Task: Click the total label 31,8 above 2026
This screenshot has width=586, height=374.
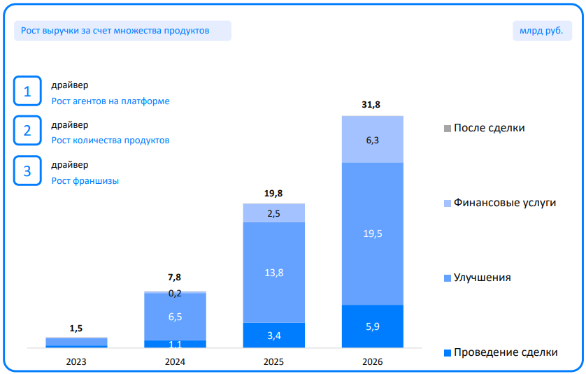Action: (372, 105)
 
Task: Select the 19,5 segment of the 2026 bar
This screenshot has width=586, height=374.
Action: (372, 233)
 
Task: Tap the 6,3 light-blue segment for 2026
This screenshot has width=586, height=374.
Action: (372, 140)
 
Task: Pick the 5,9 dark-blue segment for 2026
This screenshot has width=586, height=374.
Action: (372, 326)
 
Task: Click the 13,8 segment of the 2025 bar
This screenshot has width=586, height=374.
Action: (274, 273)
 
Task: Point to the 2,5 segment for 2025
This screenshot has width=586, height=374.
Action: (274, 213)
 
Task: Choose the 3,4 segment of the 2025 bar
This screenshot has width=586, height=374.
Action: (274, 336)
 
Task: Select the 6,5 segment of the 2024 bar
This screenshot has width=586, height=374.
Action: (175, 317)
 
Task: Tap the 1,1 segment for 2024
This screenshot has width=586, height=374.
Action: (175, 344)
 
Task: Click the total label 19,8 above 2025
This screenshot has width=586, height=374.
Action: (274, 193)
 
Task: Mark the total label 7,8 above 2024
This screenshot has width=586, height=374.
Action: (175, 277)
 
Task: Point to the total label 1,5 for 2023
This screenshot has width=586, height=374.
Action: (76, 328)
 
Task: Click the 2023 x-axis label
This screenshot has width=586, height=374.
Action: (76, 362)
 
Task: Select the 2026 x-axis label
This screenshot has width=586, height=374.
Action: (372, 362)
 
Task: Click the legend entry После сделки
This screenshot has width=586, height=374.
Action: (489, 128)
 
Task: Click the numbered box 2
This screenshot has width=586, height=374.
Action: (28, 131)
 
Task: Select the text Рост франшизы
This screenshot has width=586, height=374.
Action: (85, 180)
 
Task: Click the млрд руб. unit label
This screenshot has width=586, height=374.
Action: (541, 31)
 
